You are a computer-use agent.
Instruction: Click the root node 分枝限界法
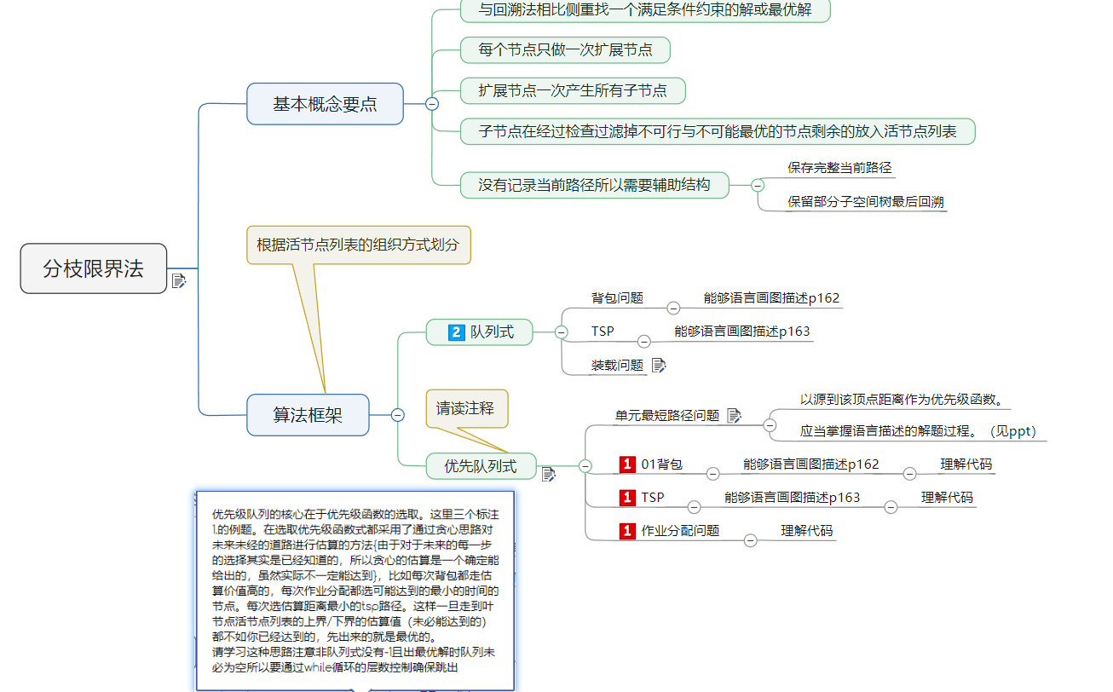click(94, 269)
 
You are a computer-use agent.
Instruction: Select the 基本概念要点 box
click(325, 104)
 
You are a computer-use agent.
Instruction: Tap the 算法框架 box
click(308, 415)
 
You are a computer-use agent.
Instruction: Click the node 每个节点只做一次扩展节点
click(565, 50)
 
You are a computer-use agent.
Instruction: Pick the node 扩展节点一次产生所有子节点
click(572, 90)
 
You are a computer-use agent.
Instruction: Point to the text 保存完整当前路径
click(839, 168)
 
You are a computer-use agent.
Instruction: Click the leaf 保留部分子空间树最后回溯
click(865, 202)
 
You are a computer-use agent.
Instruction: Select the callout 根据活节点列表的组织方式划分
click(358, 245)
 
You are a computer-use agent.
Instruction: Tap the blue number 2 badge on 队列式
click(456, 332)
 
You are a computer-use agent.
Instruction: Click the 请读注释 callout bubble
click(466, 408)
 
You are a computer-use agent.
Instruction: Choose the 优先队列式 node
click(481, 466)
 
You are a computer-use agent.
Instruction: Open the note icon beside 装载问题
click(659, 366)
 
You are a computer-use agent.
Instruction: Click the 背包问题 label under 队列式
click(617, 298)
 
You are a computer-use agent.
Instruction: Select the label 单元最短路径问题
click(667, 416)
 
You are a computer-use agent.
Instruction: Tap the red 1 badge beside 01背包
click(628, 464)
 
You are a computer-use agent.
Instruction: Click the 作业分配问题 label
click(679, 531)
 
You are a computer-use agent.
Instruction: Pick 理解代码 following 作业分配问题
click(807, 531)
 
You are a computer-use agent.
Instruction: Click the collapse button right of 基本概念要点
click(432, 104)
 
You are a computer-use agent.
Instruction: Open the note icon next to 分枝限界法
click(179, 281)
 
